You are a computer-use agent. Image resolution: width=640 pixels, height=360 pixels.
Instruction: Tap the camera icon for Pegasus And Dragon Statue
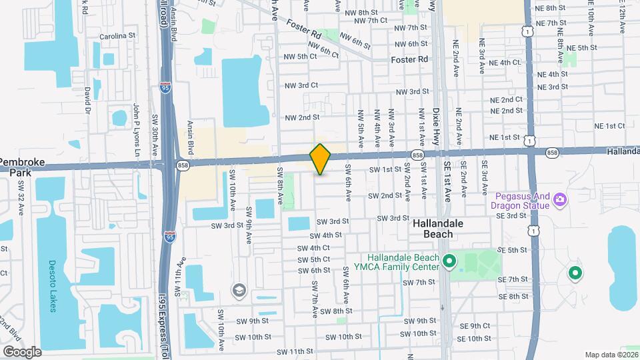[561, 199]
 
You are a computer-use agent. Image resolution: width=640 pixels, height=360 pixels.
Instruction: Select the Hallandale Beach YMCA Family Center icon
[449, 261]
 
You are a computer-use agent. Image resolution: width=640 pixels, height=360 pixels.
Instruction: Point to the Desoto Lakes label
[53, 293]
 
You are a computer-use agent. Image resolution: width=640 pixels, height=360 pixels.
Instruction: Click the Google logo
[22, 351]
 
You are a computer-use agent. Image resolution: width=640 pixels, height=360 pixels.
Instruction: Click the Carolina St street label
[117, 35]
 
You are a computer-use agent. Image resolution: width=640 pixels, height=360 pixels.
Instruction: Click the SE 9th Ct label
[475, 326]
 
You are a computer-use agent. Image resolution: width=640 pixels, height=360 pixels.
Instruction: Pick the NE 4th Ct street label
[505, 63]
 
